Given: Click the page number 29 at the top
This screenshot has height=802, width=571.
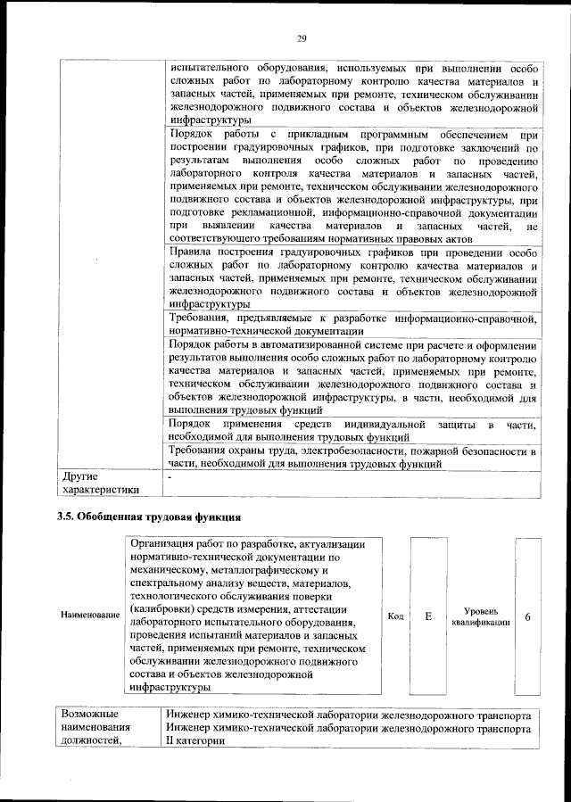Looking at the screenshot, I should pyautogui.click(x=301, y=37).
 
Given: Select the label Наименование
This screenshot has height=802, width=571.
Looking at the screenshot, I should pyautogui.click(x=90, y=616).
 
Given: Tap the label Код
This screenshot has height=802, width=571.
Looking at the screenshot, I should pyautogui.click(x=396, y=616).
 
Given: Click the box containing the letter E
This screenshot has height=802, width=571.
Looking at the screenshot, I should pyautogui.click(x=428, y=616).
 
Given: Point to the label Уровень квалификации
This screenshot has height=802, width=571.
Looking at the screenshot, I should pyautogui.click(x=481, y=616).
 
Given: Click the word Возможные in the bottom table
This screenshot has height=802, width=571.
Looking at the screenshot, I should pyautogui.click(x=89, y=715).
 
